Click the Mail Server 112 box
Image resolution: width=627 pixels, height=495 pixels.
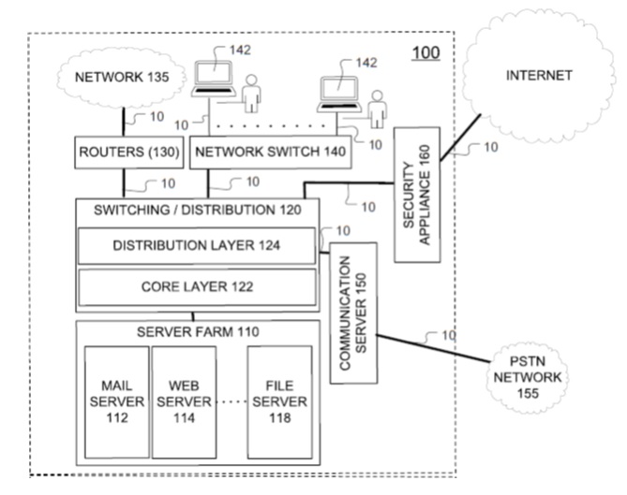tap(117, 400)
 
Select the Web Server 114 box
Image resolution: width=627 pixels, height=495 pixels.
tap(182, 400)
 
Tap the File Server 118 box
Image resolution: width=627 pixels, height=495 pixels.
tap(279, 400)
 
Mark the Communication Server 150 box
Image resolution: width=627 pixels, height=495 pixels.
tap(352, 313)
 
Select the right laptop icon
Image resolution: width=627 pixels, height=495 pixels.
tap(335, 92)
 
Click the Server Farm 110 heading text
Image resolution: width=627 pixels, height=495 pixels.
tap(198, 332)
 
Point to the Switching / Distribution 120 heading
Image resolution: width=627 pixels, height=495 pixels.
tap(198, 211)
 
